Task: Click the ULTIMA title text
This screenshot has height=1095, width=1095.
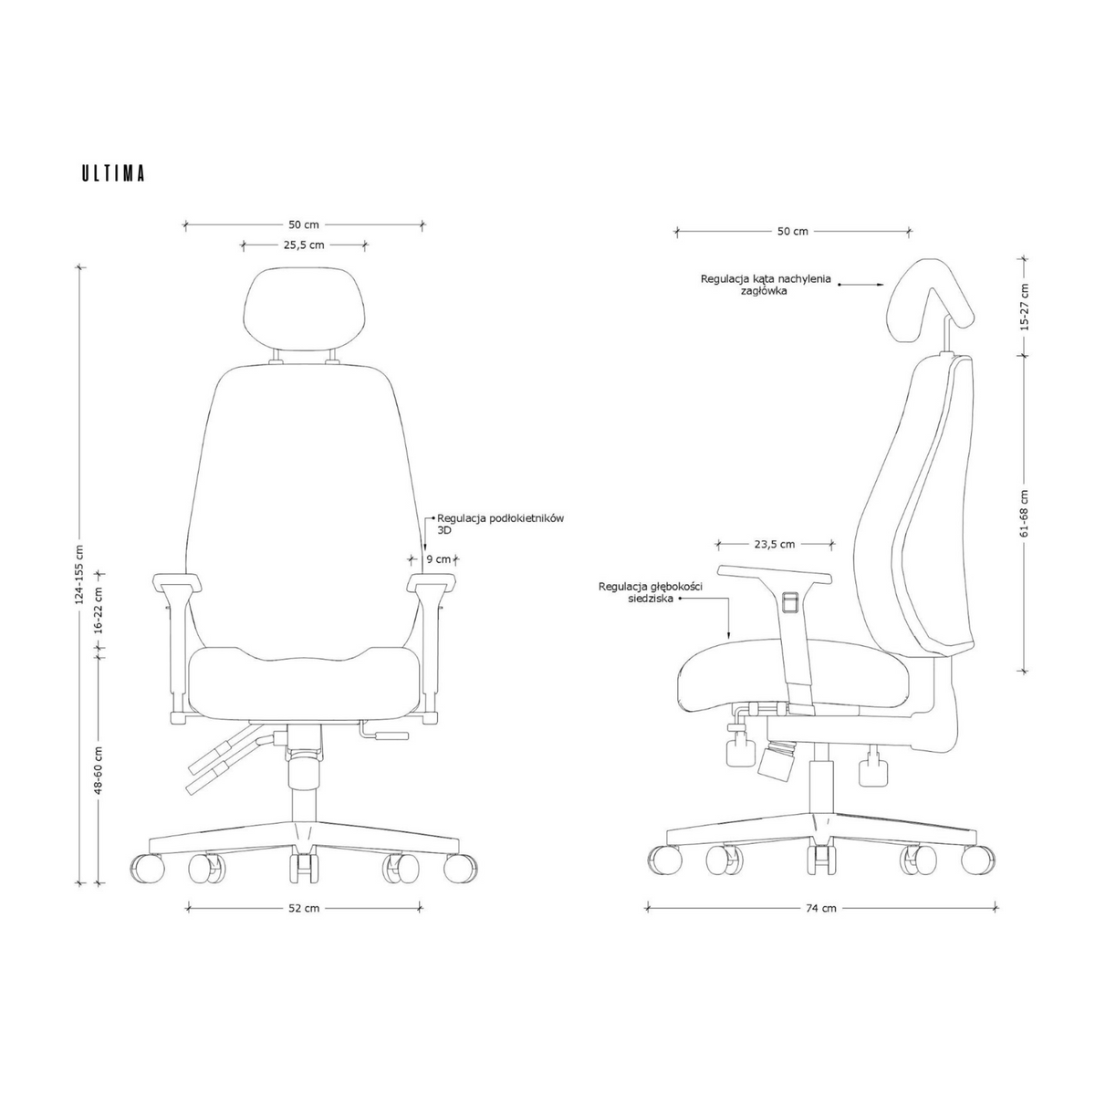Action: (113, 173)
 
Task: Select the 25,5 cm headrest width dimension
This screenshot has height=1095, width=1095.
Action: (304, 245)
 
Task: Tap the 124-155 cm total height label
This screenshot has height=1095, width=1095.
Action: (79, 575)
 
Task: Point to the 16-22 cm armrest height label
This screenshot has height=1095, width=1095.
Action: (99, 610)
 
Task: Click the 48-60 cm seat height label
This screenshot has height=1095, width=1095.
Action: (99, 770)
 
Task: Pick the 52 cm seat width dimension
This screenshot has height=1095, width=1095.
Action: (304, 908)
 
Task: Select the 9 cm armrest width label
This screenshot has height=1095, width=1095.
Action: (439, 559)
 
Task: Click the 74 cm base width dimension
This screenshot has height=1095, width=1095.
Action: (821, 908)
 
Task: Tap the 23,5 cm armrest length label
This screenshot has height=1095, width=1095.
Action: (775, 544)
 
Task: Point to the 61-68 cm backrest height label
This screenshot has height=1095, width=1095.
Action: (1024, 513)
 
